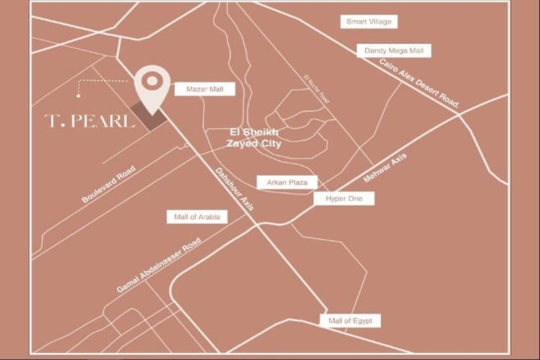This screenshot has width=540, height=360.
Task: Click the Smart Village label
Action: tap(369, 22)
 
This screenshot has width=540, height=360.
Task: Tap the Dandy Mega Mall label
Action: tap(394, 50)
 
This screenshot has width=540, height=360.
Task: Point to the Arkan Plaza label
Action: tap(287, 183)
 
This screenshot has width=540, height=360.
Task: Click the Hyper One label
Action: tap(343, 197)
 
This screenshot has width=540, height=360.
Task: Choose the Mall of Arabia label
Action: tap(197, 217)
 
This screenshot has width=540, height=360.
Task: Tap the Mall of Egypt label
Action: tap(350, 320)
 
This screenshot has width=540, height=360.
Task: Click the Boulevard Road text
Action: tap(108, 184)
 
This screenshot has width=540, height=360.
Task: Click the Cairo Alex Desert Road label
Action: tap(420, 84)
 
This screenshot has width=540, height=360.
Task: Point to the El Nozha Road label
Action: tap(315, 88)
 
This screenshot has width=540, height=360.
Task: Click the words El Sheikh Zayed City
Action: tap(253, 138)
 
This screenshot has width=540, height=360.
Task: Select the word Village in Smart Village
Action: tap(381, 22)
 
